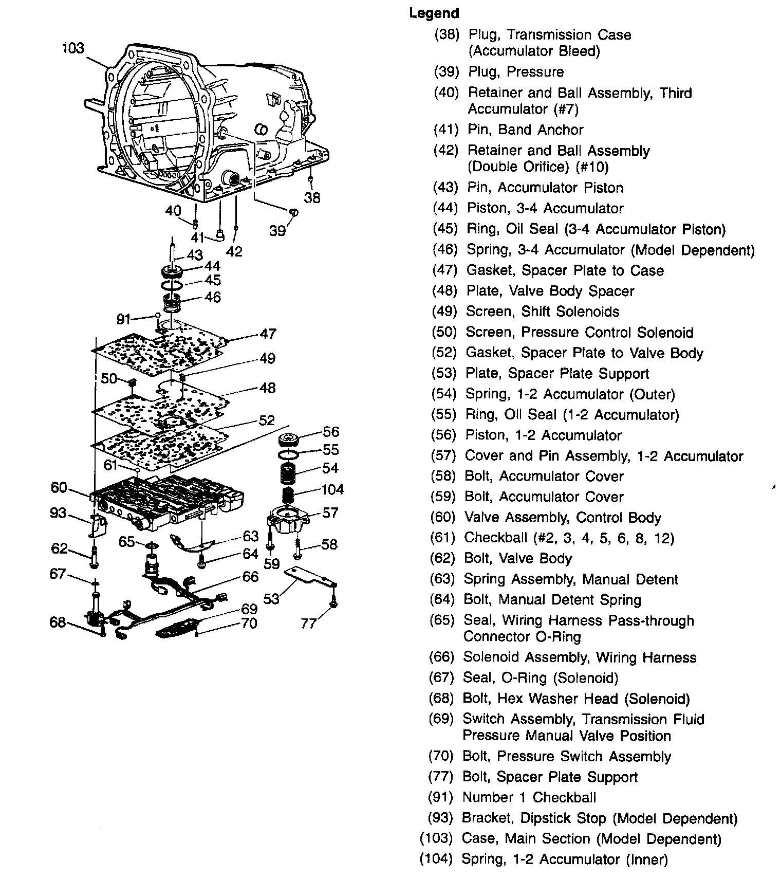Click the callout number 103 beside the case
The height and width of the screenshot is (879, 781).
pyautogui.click(x=72, y=48)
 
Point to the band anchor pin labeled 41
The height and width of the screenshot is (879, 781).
pyautogui.click(x=220, y=235)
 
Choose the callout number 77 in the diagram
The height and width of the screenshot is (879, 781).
pyautogui.click(x=309, y=624)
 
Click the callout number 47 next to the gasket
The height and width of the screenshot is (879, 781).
pyautogui.click(x=268, y=334)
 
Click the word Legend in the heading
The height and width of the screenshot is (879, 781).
pyautogui.click(x=434, y=13)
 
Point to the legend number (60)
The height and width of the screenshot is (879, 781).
pyautogui.click(x=442, y=517)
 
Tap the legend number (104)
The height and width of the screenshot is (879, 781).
pyautogui.click(x=436, y=859)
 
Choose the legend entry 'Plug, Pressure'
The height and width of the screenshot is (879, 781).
pyautogui.click(x=515, y=72)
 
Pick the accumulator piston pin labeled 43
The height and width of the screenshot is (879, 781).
pyautogui.click(x=173, y=249)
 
